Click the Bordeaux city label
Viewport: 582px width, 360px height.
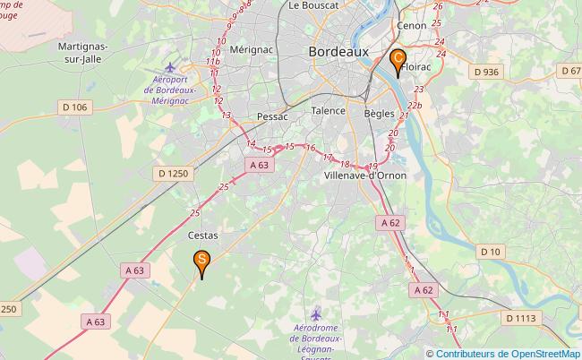[x=338, y=52]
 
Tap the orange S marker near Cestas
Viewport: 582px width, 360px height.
[x=202, y=261]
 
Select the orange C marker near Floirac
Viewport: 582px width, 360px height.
[x=398, y=61]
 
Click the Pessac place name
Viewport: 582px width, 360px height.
[x=272, y=116]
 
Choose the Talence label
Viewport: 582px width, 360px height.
[x=328, y=111]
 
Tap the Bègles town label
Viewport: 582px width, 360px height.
[x=380, y=114]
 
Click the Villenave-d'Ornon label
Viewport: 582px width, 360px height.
[x=364, y=176]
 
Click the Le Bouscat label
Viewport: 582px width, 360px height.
[x=313, y=5]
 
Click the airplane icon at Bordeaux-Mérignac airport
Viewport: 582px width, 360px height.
[x=172, y=68]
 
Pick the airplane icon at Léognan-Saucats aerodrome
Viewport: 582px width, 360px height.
[x=315, y=314]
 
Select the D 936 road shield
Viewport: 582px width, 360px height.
[x=486, y=72]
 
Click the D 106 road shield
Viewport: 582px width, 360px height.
[x=76, y=107]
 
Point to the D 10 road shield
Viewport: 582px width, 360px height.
[x=491, y=252]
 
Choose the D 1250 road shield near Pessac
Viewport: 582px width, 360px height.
[x=172, y=173]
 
